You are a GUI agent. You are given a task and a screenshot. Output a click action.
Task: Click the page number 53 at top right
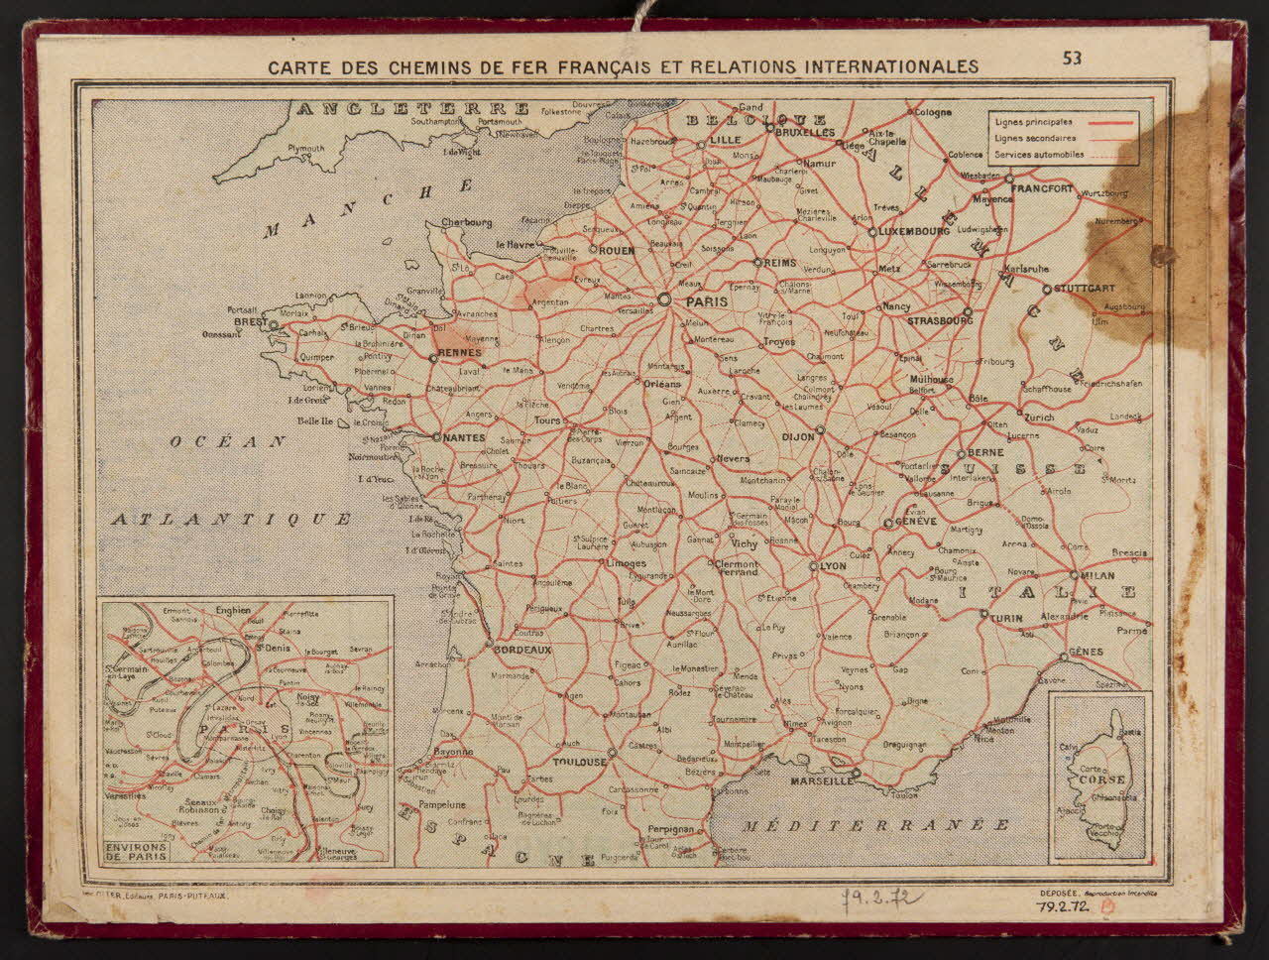point(1072,59)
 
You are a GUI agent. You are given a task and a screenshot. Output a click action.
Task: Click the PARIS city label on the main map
point(706,301)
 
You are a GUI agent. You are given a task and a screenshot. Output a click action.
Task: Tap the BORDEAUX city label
point(521,650)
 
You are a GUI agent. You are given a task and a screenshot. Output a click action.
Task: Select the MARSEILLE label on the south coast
point(822,781)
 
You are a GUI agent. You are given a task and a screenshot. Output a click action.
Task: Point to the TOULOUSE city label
point(579,762)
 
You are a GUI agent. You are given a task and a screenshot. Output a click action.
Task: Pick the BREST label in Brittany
point(247,323)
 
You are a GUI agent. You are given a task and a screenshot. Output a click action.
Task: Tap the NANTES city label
point(464,437)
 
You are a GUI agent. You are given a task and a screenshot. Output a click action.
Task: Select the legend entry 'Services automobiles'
point(1032,156)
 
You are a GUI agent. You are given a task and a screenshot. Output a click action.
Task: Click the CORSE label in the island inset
point(1102,780)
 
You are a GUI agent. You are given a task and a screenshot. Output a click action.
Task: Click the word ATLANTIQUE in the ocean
point(230,519)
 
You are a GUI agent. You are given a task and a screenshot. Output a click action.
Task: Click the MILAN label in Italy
point(1096,575)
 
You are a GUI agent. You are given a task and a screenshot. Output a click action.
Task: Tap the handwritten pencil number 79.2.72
point(881,898)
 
